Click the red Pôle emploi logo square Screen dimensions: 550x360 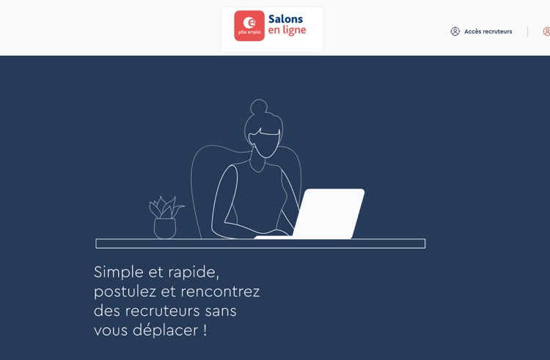(249, 26)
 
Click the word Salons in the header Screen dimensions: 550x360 (285, 19)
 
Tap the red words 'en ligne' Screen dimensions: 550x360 (287, 31)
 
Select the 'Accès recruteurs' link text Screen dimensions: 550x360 (488, 32)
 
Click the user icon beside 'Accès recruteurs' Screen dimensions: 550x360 (455, 32)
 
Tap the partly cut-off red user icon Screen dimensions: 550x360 (546, 32)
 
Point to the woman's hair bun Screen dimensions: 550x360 (259, 106)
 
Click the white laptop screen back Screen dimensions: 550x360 (329, 213)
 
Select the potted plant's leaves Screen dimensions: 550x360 (166, 208)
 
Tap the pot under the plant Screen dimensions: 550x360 (165, 229)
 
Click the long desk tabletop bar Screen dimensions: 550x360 (260, 243)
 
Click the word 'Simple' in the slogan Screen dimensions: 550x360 (119, 272)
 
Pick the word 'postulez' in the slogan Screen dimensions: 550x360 (125, 292)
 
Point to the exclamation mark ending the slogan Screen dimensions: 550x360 (205, 330)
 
